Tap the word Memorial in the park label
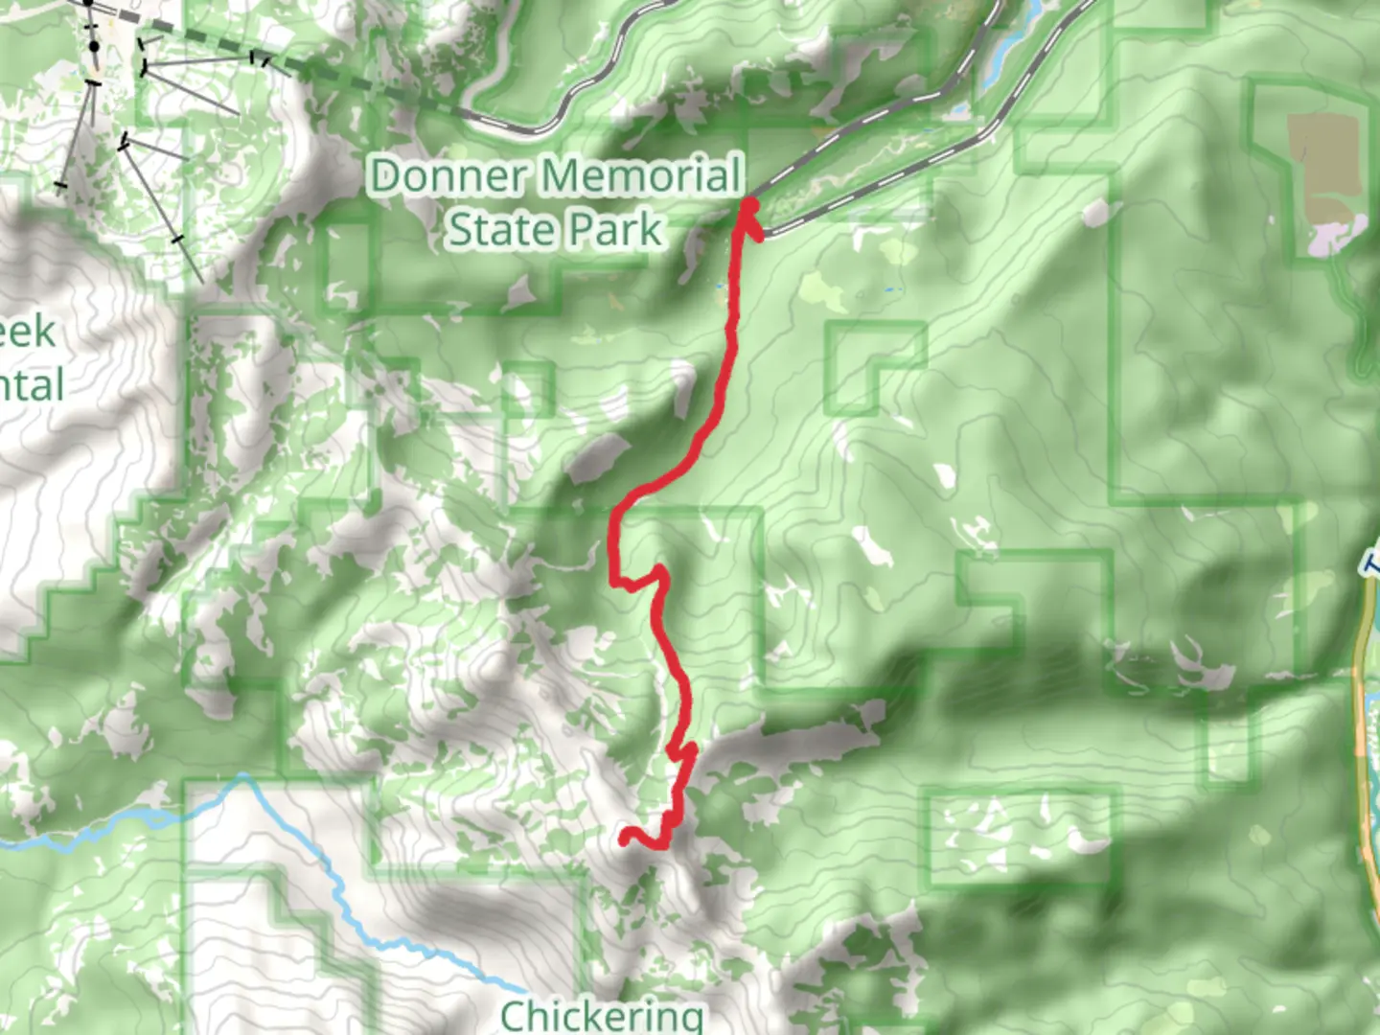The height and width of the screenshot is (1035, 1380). [x=640, y=176]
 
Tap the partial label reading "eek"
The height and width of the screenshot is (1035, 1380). [x=27, y=332]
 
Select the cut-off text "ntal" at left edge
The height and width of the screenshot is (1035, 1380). [x=31, y=385]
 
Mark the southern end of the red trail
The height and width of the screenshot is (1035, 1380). [x=626, y=839]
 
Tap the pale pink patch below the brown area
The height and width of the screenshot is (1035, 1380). [x=1337, y=235]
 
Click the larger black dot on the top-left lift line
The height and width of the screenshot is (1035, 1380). [x=94, y=46]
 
